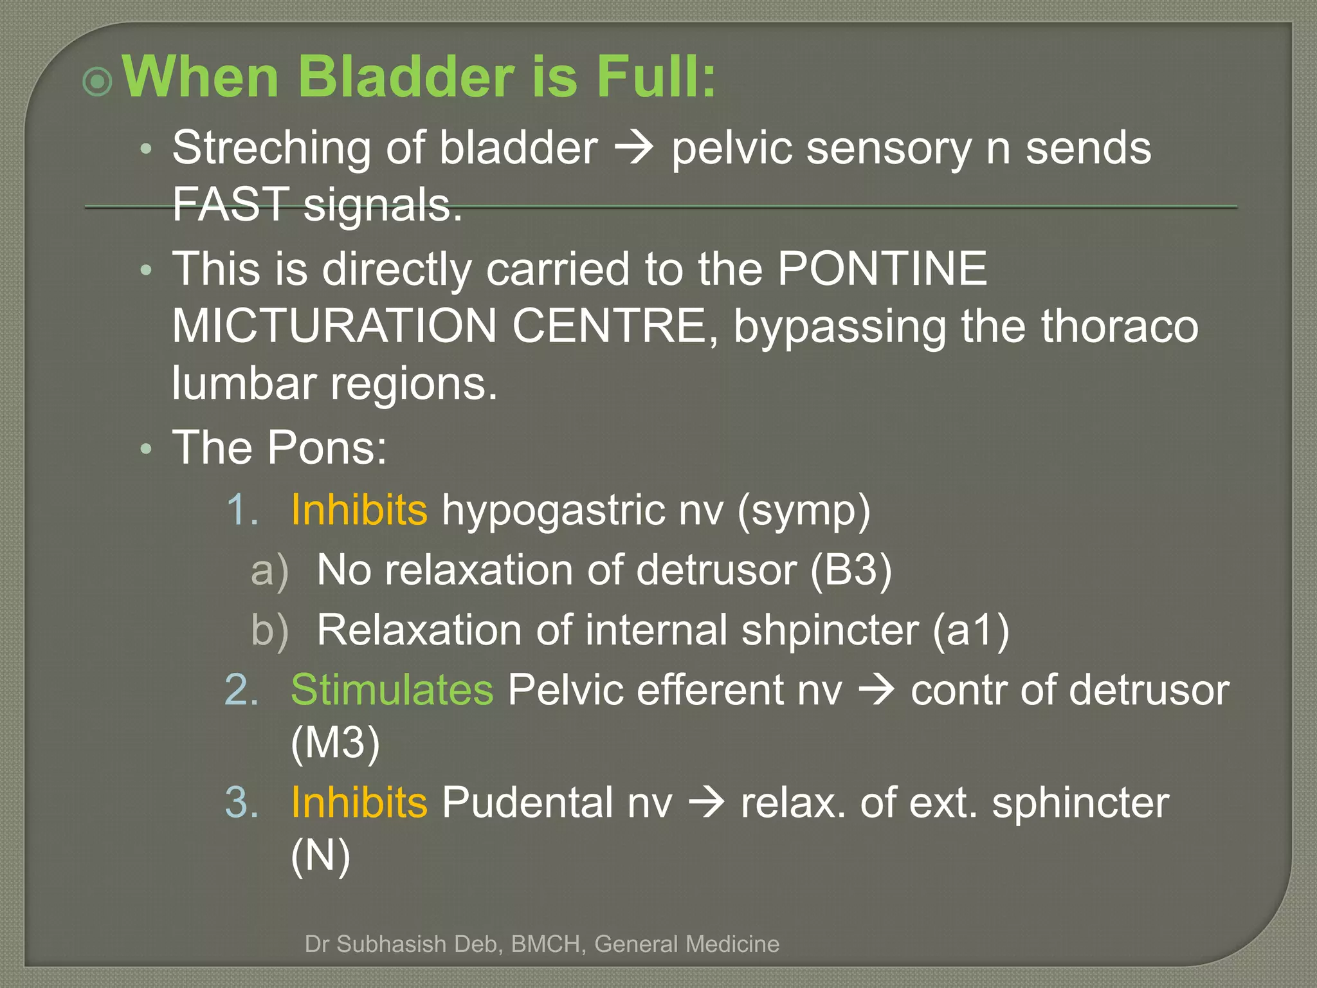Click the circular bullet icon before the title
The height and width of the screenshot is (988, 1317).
click(98, 82)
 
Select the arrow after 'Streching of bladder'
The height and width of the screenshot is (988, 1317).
click(634, 149)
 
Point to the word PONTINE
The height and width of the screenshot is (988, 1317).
click(882, 268)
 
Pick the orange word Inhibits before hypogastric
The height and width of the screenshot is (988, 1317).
click(359, 509)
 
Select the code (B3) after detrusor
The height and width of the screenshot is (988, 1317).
click(851, 570)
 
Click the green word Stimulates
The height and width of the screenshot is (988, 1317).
click(392, 690)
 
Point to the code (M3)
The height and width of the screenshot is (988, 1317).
click(335, 743)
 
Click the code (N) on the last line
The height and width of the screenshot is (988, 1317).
click(320, 855)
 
